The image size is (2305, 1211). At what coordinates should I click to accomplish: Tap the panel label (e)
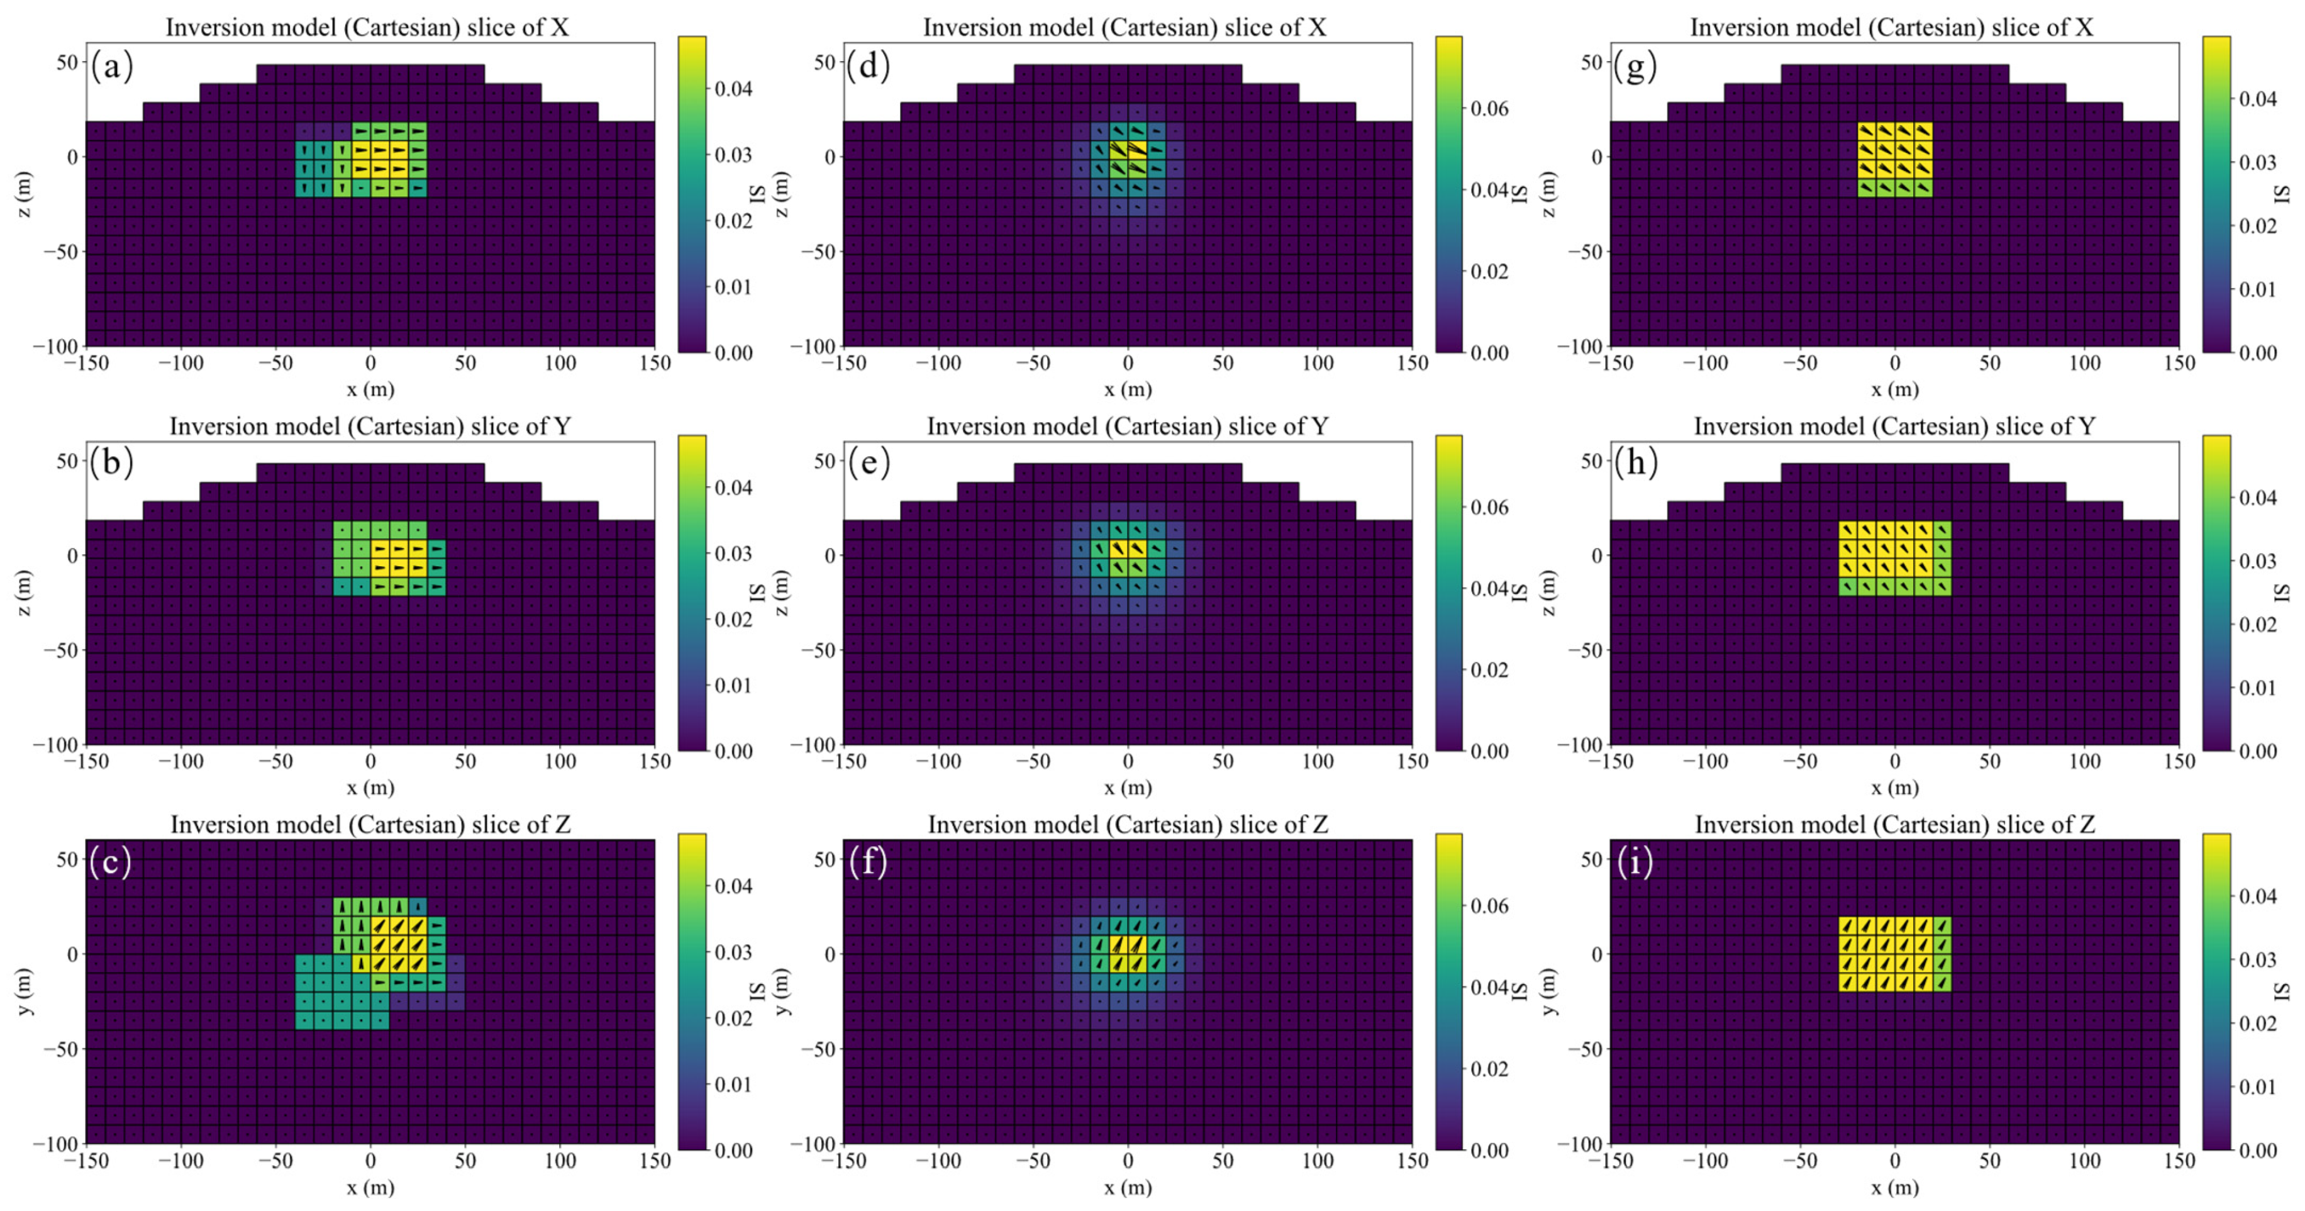coord(869,463)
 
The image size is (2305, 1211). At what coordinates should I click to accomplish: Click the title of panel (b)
coord(370,426)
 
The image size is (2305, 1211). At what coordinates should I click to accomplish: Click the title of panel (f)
coord(1128,824)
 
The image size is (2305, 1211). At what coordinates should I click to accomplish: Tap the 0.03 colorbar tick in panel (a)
coord(733,155)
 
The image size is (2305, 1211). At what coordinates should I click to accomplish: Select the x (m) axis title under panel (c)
coord(370,1188)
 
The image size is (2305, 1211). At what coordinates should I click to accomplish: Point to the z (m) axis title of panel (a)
coord(24,194)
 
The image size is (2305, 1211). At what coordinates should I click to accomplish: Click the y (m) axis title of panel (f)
coord(782,991)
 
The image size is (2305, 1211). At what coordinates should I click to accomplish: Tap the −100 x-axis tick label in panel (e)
coord(938,762)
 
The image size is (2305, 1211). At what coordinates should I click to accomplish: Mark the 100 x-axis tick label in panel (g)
coord(2084,364)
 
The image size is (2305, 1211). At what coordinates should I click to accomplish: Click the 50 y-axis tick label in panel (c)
coord(67,859)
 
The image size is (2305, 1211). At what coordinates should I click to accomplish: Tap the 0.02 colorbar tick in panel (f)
coord(1489,1069)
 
